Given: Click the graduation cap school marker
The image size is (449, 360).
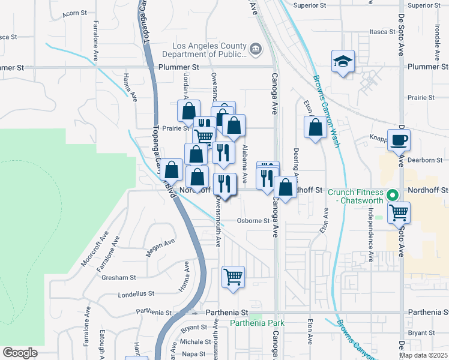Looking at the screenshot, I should pyautogui.click(x=343, y=62).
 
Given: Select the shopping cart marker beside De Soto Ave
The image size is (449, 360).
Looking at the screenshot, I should pyautogui.click(x=399, y=212).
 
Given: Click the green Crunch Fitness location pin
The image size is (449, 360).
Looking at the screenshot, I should pyautogui.click(x=393, y=195).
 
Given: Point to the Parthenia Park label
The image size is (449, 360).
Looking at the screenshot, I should pyautogui.click(x=256, y=323).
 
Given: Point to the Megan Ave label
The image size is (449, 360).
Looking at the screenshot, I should pyautogui.click(x=161, y=248).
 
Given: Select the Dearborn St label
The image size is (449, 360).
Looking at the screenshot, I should pyautogui.click(x=425, y=160).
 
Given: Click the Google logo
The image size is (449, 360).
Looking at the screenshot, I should pyautogui.click(x=20, y=352).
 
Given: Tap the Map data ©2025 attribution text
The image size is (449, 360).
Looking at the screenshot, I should pyautogui.click(x=423, y=355).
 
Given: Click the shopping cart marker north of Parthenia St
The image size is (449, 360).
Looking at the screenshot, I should pyautogui.click(x=233, y=278).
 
